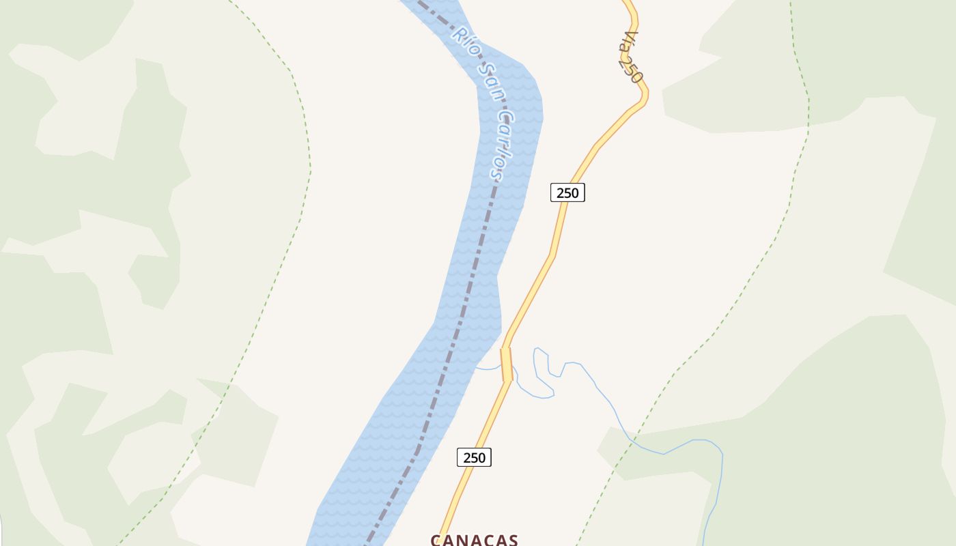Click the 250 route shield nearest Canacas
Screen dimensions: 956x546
point(474,457)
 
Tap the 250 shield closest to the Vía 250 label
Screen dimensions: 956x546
point(567,192)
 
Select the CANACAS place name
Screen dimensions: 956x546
point(474,540)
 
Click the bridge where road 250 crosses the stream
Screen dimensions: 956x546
point(506,364)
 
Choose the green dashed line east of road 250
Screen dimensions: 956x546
point(751,273)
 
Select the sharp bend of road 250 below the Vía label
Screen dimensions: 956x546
point(643,96)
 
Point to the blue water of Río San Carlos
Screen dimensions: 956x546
point(410,423)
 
